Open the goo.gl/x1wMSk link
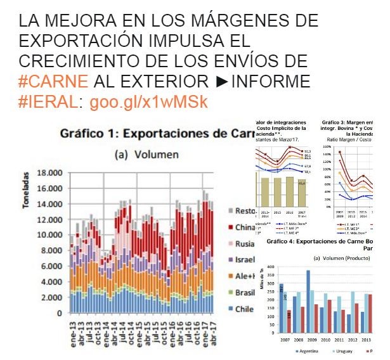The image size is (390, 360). click(x=148, y=102)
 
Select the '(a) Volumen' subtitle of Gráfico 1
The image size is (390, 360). click(x=145, y=154)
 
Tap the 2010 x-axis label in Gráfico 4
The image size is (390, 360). click(x=325, y=339)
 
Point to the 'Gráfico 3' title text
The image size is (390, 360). click(x=349, y=121)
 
